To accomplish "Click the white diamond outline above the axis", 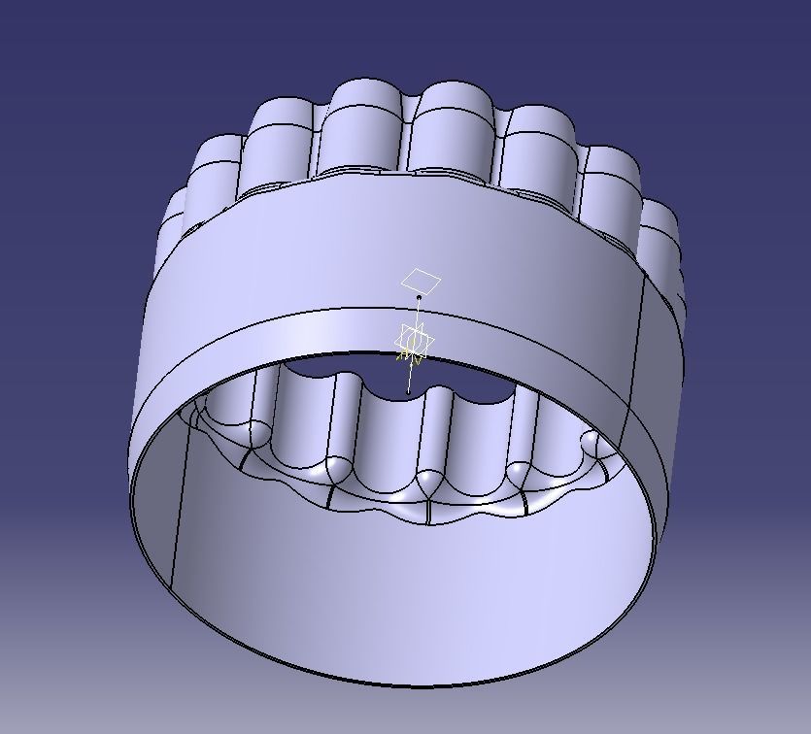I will [421, 282].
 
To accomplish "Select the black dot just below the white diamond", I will [419, 297].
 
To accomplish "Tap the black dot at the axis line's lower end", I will [408, 392].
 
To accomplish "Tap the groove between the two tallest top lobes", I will [408, 136].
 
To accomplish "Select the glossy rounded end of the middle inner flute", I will [427, 482].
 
